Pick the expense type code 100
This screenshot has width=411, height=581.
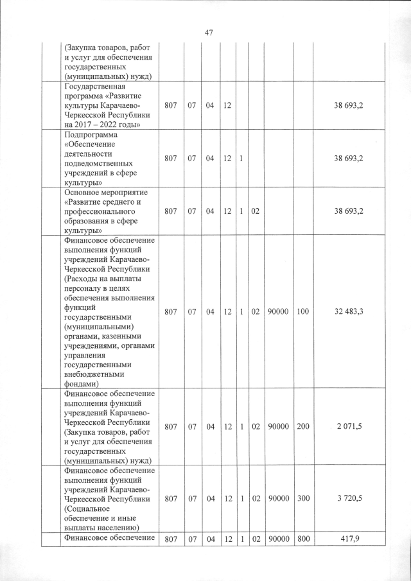click(303, 311)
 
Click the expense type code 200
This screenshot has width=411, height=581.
click(303, 426)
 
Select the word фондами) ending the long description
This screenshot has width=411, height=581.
click(82, 384)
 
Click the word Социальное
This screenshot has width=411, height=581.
click(92, 510)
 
